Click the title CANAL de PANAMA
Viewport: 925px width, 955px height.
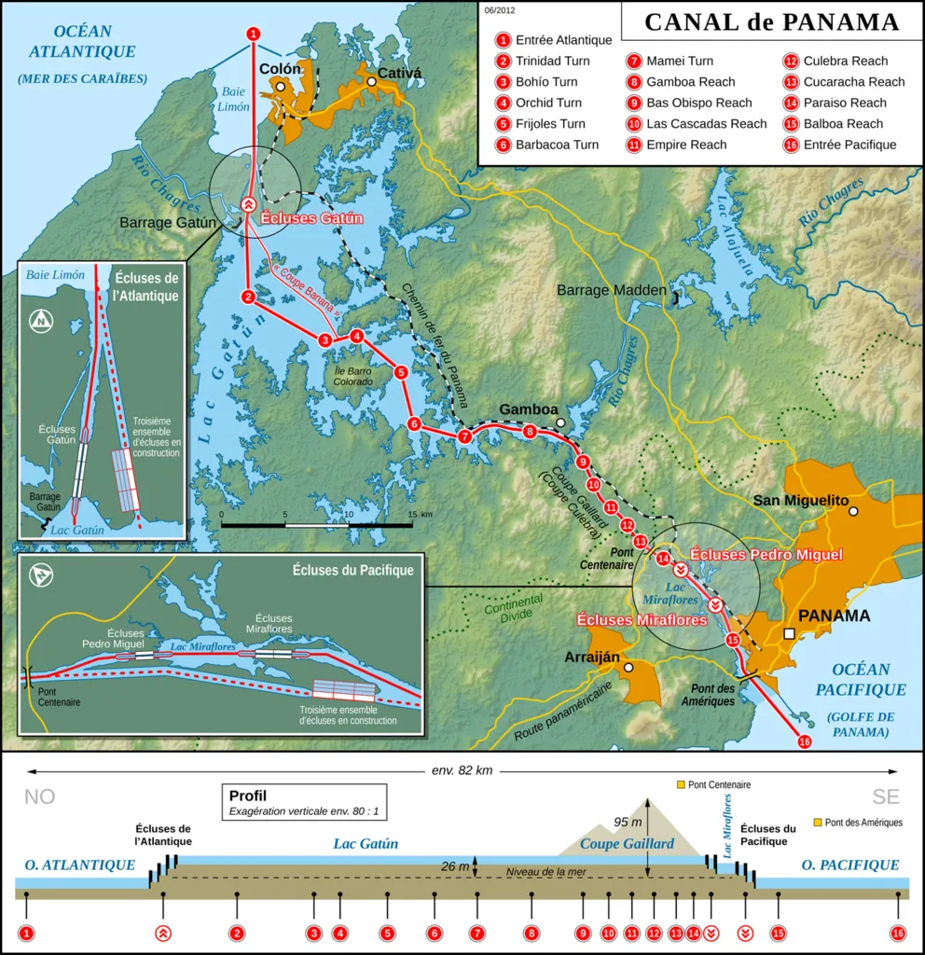click(771, 22)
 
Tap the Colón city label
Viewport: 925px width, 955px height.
click(280, 69)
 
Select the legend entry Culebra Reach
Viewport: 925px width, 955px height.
click(833, 61)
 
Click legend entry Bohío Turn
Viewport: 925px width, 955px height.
click(546, 82)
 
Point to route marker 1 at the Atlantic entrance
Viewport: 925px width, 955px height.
click(253, 34)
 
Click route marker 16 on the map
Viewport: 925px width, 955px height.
click(805, 741)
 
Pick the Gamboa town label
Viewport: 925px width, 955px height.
click(528, 409)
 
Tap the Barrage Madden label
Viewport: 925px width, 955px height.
click(612, 290)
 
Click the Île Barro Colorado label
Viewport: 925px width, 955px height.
click(353, 376)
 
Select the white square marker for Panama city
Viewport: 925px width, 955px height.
click(790, 634)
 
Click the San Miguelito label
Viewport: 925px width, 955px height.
click(801, 501)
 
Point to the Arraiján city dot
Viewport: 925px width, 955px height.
click(629, 668)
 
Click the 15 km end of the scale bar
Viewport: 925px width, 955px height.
click(411, 526)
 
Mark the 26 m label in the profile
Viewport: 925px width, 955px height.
click(456, 866)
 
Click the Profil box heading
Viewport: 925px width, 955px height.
click(247, 796)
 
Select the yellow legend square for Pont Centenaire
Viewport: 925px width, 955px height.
click(681, 785)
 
